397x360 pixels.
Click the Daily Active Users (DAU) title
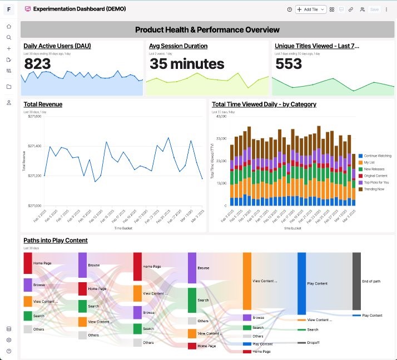coord(57,46)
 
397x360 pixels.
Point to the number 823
coord(37,64)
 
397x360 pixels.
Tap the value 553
coord(289,64)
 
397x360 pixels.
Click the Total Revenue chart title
coord(43,104)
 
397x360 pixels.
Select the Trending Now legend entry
coord(374,189)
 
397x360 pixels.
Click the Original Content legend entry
coord(376,176)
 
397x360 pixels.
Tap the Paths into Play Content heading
coord(55,240)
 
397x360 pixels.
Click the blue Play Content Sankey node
coord(302,283)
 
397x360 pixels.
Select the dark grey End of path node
coord(356,281)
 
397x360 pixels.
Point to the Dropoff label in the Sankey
coord(312,343)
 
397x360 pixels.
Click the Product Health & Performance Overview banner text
coord(207,29)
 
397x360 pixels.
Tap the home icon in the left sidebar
coord(9,27)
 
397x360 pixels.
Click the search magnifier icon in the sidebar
coord(9,38)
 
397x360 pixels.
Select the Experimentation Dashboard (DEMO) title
coord(80,9)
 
